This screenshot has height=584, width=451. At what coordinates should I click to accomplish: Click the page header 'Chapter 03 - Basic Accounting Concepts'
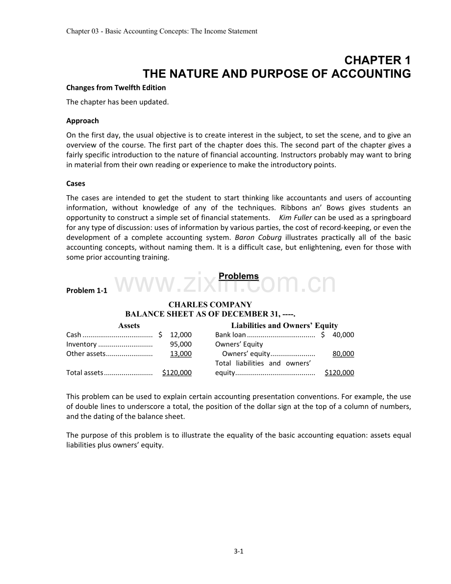click(161, 31)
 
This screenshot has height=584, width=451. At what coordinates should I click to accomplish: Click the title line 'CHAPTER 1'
click(377, 60)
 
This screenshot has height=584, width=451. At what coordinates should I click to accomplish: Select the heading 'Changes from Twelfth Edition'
click(116, 88)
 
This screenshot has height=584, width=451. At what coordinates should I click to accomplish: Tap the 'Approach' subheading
click(82, 121)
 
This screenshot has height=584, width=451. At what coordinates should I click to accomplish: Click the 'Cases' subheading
click(75, 183)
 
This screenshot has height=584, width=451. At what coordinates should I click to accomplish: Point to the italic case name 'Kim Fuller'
click(296, 217)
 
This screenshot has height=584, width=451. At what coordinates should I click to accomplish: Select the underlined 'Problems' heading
click(238, 276)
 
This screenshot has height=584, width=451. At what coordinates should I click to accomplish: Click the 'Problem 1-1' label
click(86, 291)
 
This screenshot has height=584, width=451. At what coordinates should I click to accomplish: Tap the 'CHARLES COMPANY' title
click(210, 305)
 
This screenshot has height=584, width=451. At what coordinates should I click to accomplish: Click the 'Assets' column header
click(129, 326)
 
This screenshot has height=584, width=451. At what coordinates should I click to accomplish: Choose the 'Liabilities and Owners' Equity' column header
click(284, 326)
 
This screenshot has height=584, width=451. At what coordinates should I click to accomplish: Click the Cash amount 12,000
click(180, 335)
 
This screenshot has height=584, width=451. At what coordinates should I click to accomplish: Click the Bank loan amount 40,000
click(343, 335)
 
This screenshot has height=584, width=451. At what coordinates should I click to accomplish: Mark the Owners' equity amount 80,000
click(343, 354)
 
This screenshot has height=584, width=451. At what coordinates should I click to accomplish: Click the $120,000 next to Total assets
click(177, 373)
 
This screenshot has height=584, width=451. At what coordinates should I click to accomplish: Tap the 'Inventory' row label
click(81, 344)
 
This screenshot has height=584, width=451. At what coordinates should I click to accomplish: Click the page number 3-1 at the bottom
click(238, 551)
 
